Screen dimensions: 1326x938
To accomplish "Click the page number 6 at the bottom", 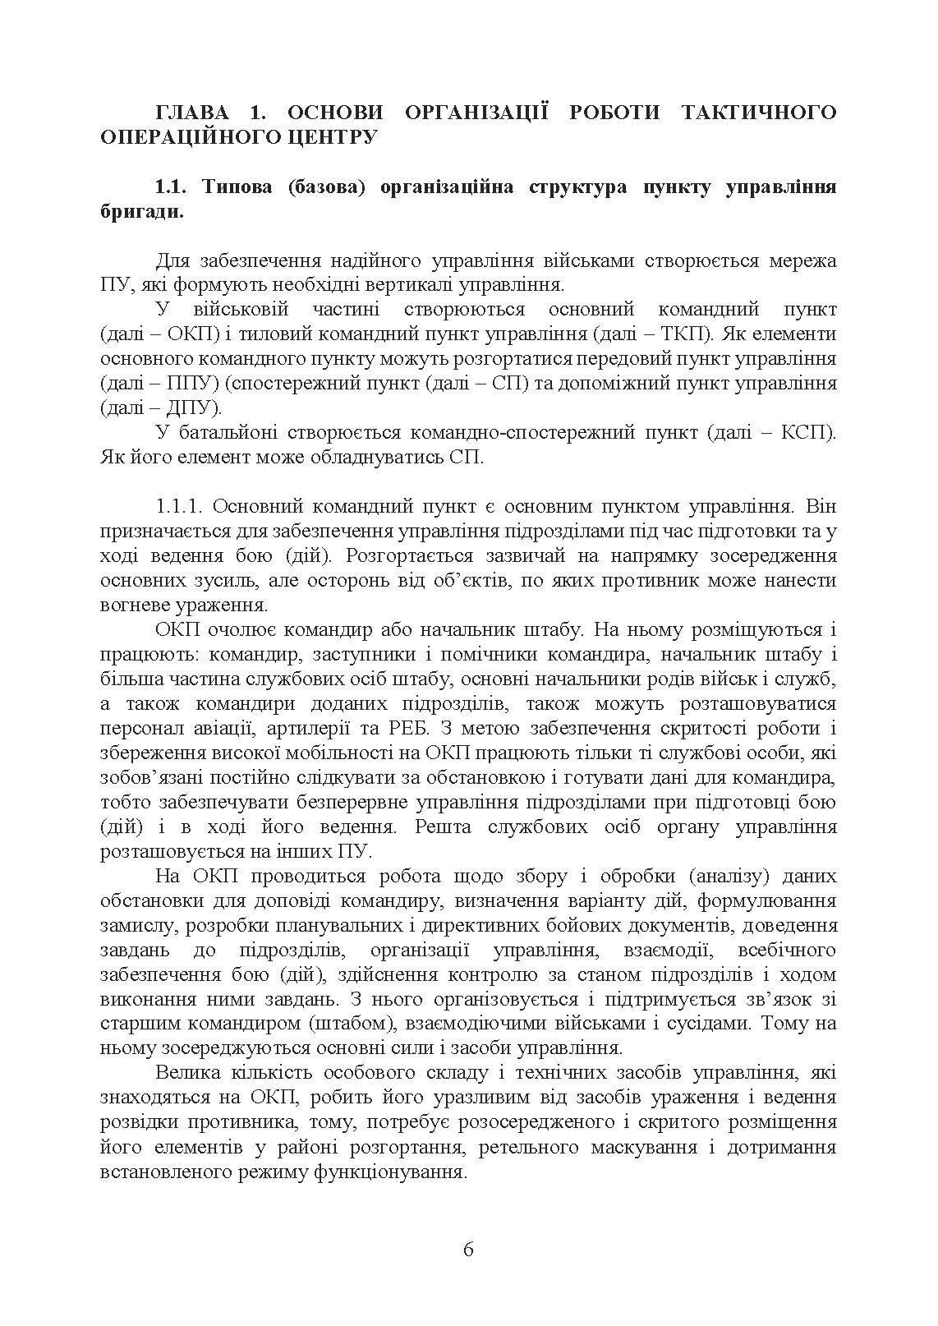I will [x=468, y=1250].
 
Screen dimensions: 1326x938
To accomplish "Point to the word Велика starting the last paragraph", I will [x=183, y=1074].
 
